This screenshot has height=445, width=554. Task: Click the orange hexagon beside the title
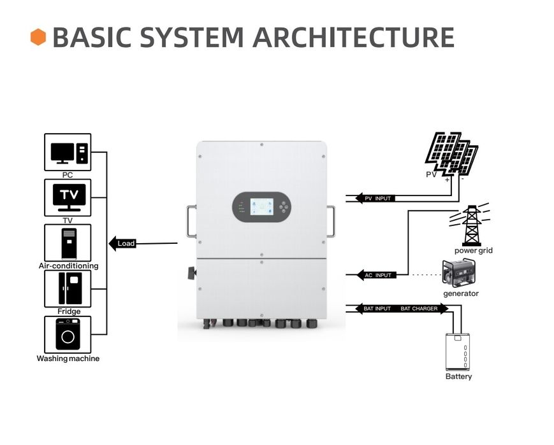pyautogui.click(x=38, y=37)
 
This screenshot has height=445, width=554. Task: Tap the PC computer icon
pyautogui.click(x=68, y=152)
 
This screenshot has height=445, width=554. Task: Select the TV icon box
pyautogui.click(x=68, y=197)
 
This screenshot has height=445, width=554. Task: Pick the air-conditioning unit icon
pyautogui.click(x=68, y=243)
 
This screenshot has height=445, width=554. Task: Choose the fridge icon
pyautogui.click(x=68, y=288)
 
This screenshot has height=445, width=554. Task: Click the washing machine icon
pyautogui.click(x=68, y=334)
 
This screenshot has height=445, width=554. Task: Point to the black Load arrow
pyautogui.click(x=124, y=243)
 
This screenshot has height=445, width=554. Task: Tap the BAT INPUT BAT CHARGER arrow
pyautogui.click(x=398, y=309)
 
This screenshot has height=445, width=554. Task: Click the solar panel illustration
pyautogui.click(x=451, y=153)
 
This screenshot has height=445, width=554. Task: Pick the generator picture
pyautogui.click(x=460, y=273)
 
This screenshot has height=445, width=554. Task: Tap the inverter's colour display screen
pyautogui.click(x=261, y=207)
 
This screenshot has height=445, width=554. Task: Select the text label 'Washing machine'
pyautogui.click(x=68, y=358)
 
